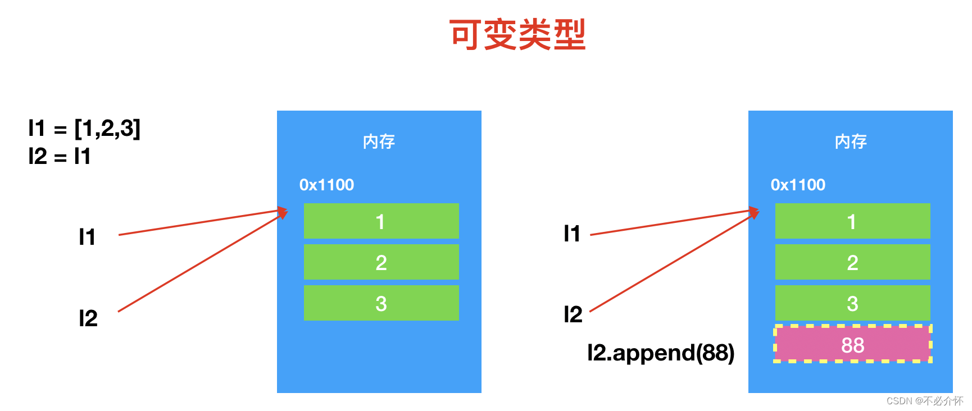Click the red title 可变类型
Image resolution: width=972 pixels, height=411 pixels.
(x=517, y=35)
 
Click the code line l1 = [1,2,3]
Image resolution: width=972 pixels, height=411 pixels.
(x=84, y=129)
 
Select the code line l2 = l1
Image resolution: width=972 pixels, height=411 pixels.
(x=60, y=156)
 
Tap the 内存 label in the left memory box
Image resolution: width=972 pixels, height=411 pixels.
(x=379, y=141)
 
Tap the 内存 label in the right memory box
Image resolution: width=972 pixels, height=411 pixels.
(x=850, y=141)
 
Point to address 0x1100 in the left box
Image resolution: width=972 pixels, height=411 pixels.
(x=326, y=185)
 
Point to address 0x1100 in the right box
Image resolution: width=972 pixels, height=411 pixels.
(x=798, y=185)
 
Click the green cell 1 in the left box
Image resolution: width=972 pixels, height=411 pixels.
(x=381, y=221)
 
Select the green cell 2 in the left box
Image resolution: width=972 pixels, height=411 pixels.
(x=381, y=262)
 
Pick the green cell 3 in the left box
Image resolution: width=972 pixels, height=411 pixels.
(x=381, y=303)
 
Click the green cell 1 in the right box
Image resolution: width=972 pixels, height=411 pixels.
(x=852, y=221)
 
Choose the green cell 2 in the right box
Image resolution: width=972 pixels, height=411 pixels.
(x=852, y=262)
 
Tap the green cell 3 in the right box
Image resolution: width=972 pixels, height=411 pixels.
(x=852, y=303)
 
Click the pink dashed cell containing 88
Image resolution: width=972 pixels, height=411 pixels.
(x=852, y=345)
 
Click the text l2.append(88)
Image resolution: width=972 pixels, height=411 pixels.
(x=660, y=353)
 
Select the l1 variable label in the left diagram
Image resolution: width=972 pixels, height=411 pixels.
(x=87, y=237)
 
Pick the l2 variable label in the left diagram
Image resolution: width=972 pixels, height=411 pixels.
(x=88, y=318)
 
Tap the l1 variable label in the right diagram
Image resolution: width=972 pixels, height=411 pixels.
(x=572, y=234)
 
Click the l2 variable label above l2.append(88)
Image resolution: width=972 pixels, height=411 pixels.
(x=573, y=314)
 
